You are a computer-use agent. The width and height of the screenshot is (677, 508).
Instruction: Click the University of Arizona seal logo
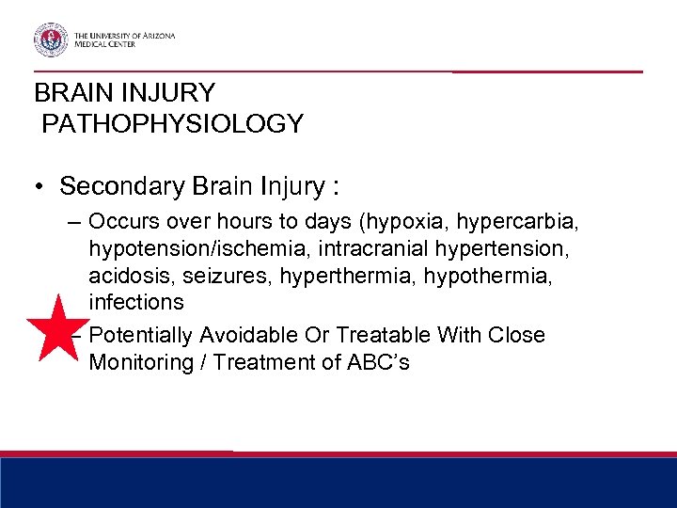[51, 40]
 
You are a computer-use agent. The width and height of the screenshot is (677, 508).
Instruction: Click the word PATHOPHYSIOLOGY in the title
[172, 123]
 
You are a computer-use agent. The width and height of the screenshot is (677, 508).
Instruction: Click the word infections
[136, 302]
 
